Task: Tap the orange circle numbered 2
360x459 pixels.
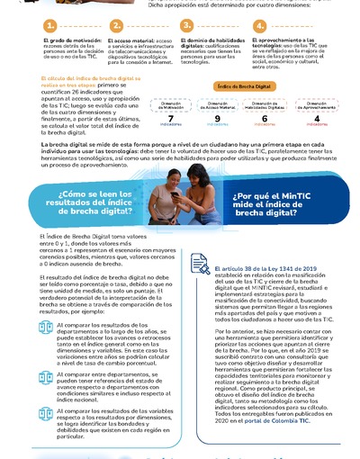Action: [117, 26]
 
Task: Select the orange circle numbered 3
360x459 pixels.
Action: [188, 26]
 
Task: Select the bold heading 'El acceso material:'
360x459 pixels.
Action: [128, 40]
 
